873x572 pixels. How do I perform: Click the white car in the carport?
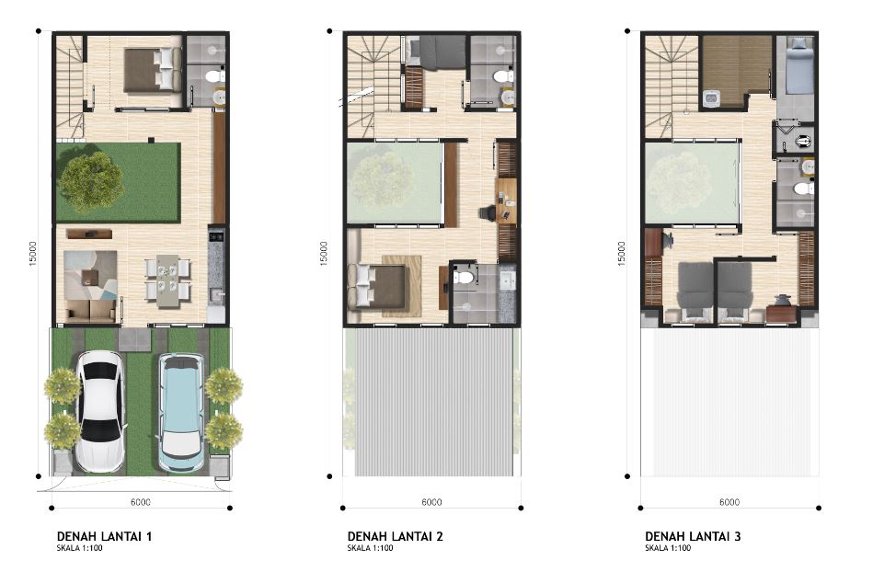[x=100, y=411]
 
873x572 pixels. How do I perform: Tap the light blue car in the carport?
[x=181, y=412]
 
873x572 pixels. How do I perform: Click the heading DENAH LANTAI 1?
[x=104, y=536]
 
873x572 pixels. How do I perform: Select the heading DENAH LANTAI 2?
[x=396, y=536]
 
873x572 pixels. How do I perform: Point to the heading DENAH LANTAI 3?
[x=693, y=536]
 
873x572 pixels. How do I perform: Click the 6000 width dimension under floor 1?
[x=141, y=502]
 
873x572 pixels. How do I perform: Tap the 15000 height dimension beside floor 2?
[x=324, y=254]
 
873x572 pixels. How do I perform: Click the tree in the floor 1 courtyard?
[x=91, y=181]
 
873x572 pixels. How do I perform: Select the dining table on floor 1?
[x=167, y=281]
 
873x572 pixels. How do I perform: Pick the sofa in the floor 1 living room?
[x=91, y=311]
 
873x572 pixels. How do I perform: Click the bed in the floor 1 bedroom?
[x=153, y=70]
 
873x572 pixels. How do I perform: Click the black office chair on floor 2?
[x=488, y=212]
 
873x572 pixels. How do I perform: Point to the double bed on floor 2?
[x=377, y=286]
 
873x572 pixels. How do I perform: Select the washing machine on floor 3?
[x=711, y=99]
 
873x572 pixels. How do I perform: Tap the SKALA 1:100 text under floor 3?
[x=668, y=548]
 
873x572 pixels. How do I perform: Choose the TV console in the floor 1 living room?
[x=88, y=234]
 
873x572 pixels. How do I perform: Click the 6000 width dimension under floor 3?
[x=729, y=502]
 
